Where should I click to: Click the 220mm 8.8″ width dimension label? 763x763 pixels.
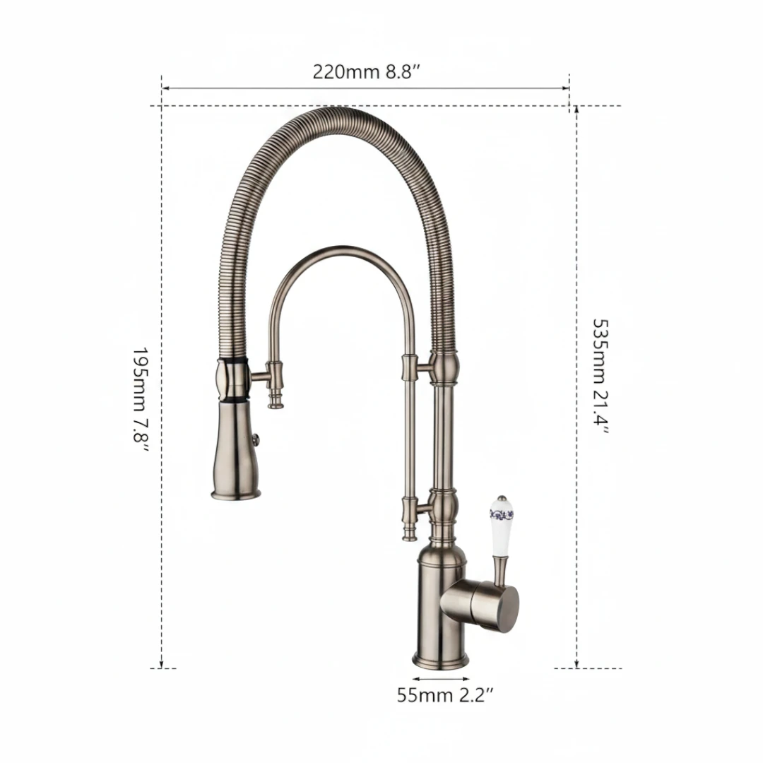coord(366,72)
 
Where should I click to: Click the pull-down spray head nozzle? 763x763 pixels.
coord(235,449)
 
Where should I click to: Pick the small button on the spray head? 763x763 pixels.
coord(256,440)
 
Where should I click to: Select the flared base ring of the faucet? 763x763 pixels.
coord(441,660)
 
